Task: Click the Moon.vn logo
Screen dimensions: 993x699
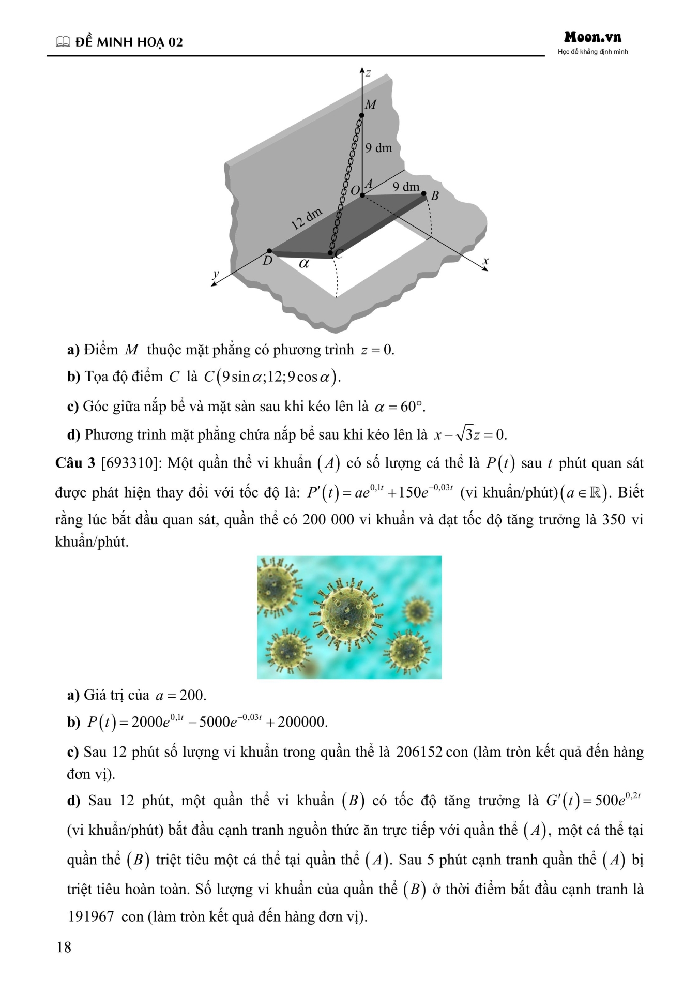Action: click(x=592, y=37)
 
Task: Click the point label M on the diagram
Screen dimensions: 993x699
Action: click(x=371, y=104)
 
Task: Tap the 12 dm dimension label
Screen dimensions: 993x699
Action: click(x=306, y=219)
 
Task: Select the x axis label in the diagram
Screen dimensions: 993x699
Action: click(x=485, y=261)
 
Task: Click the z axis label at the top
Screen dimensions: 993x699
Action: click(x=368, y=72)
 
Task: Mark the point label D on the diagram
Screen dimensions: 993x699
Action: click(x=267, y=261)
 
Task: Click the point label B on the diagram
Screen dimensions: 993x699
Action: click(x=435, y=196)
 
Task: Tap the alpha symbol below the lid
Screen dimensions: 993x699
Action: click(x=304, y=263)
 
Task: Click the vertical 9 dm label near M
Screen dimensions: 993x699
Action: click(x=378, y=148)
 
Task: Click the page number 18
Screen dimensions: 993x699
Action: click(x=64, y=947)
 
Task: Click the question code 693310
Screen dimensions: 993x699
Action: click(x=129, y=463)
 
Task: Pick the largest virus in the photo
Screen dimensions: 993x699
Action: click(x=347, y=610)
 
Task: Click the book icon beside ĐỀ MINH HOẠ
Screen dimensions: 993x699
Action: click(x=63, y=42)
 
